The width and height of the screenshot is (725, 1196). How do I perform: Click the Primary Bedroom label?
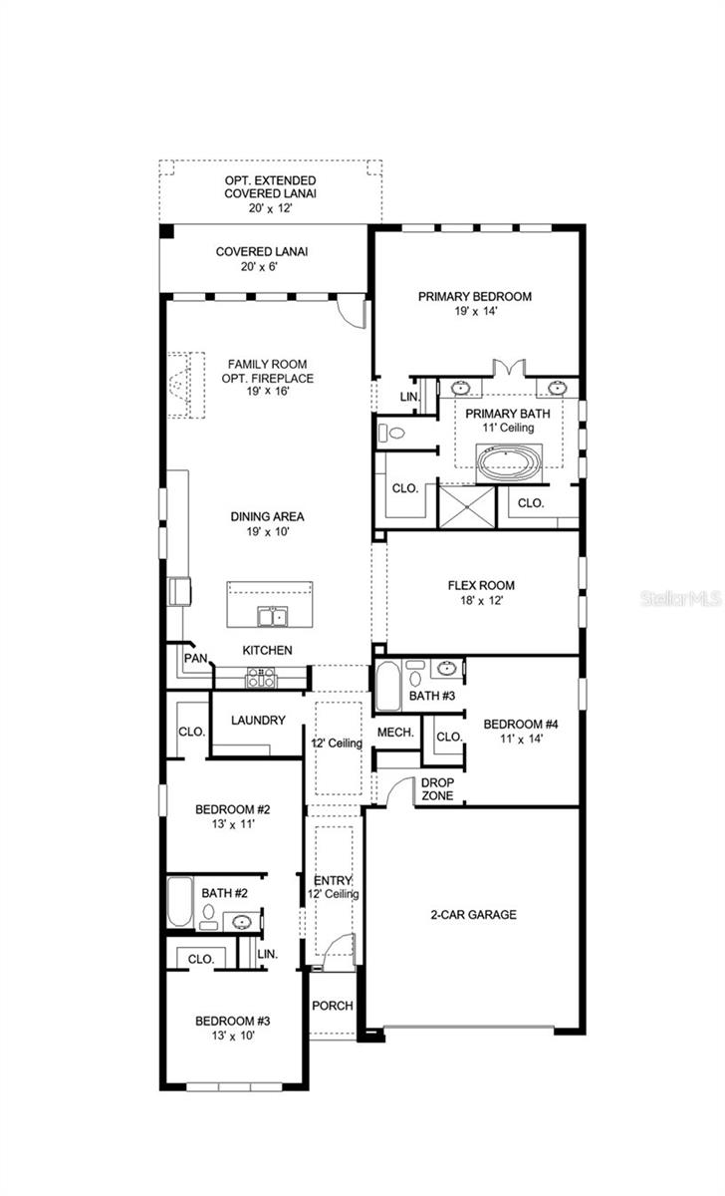[x=474, y=296]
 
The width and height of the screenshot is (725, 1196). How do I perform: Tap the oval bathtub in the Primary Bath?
[x=509, y=461]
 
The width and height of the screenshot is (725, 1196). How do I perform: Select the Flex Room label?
[x=481, y=586]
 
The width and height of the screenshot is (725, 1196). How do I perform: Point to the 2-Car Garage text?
[x=473, y=914]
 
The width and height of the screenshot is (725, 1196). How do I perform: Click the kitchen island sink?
[x=269, y=617]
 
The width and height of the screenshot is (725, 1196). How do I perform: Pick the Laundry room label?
[x=258, y=720]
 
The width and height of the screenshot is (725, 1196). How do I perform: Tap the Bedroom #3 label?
[x=232, y=1021]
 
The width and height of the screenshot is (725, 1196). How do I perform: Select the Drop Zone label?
[x=437, y=789]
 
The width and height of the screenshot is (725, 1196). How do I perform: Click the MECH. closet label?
[x=395, y=733]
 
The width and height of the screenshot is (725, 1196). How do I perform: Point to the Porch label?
[x=332, y=1006]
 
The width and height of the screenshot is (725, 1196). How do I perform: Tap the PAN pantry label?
[x=195, y=659]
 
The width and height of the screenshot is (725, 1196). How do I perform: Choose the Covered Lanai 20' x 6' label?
[x=261, y=252]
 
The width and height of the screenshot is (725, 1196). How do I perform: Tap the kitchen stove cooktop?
[x=260, y=677]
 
